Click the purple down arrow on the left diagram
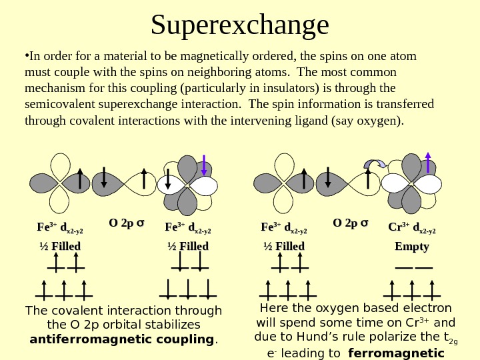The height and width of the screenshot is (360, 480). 204,166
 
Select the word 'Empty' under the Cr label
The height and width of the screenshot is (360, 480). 411,247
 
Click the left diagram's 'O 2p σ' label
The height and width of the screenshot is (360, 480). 127,223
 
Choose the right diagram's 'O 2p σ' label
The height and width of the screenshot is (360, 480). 352,223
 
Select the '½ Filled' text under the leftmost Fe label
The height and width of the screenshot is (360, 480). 59,247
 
